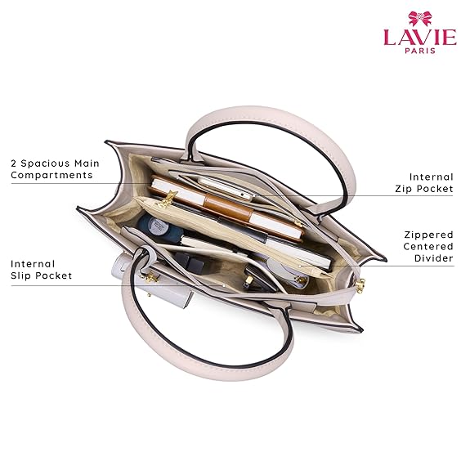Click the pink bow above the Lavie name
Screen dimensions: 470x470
(420, 19)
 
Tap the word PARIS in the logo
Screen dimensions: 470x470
(420, 51)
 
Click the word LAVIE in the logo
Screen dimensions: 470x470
(420, 37)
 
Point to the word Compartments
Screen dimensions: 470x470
(51, 176)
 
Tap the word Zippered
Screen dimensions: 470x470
(428, 235)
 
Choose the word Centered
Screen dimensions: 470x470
(428, 246)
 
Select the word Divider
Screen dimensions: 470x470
(434, 258)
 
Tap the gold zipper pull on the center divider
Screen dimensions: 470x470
(167, 200)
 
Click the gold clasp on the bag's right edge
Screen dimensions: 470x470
(360, 285)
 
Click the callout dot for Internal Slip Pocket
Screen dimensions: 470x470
(224, 286)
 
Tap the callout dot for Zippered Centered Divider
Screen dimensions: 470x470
(300, 266)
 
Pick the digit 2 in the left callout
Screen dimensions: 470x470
(14, 163)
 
